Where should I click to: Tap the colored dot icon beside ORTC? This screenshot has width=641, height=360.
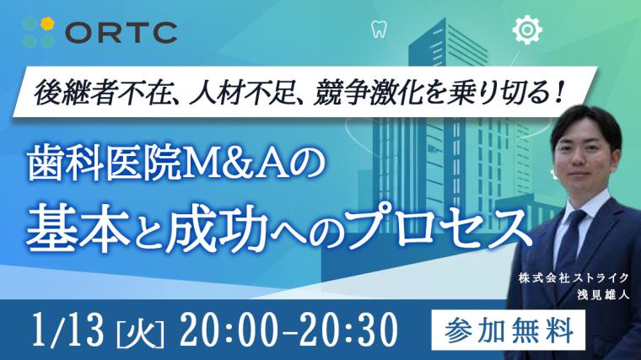point(38,31)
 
